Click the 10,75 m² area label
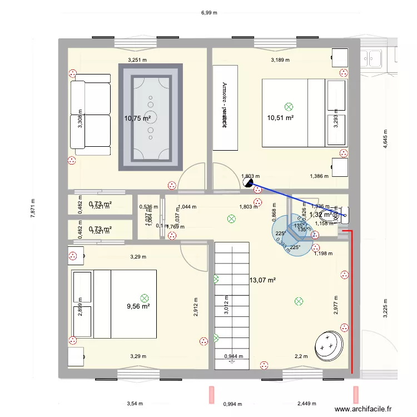[x=138, y=118]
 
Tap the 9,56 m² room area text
[x=138, y=306]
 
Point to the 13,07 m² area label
[x=263, y=280]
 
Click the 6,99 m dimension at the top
[x=209, y=12]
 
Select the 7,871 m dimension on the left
[x=33, y=209]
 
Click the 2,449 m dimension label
[x=306, y=404]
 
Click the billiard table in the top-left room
[x=150, y=117]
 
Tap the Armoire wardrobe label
[x=225, y=106]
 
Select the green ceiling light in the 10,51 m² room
[x=288, y=106]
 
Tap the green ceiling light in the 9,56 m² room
[x=145, y=298]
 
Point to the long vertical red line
[x=351, y=300]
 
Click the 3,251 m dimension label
[x=137, y=59]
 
